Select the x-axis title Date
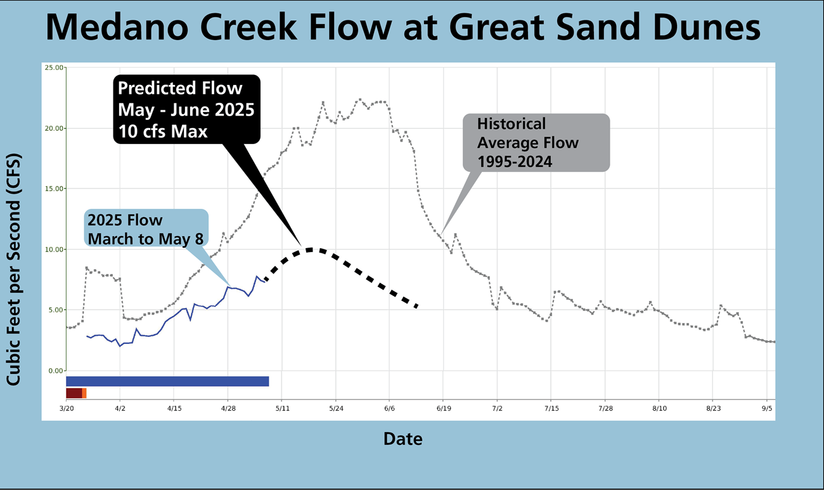click(402, 438)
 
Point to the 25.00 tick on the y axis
click(54, 67)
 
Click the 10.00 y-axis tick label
click(54, 249)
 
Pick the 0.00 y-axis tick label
click(55, 371)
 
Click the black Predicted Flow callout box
click(186, 109)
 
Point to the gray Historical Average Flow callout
click(536, 142)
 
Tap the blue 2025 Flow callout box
click(146, 229)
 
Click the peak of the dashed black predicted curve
click(311, 249)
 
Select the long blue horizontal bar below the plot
click(167, 381)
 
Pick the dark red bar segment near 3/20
click(74, 394)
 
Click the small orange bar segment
click(84, 394)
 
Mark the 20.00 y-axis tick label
click(54, 128)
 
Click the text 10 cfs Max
click(162, 130)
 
